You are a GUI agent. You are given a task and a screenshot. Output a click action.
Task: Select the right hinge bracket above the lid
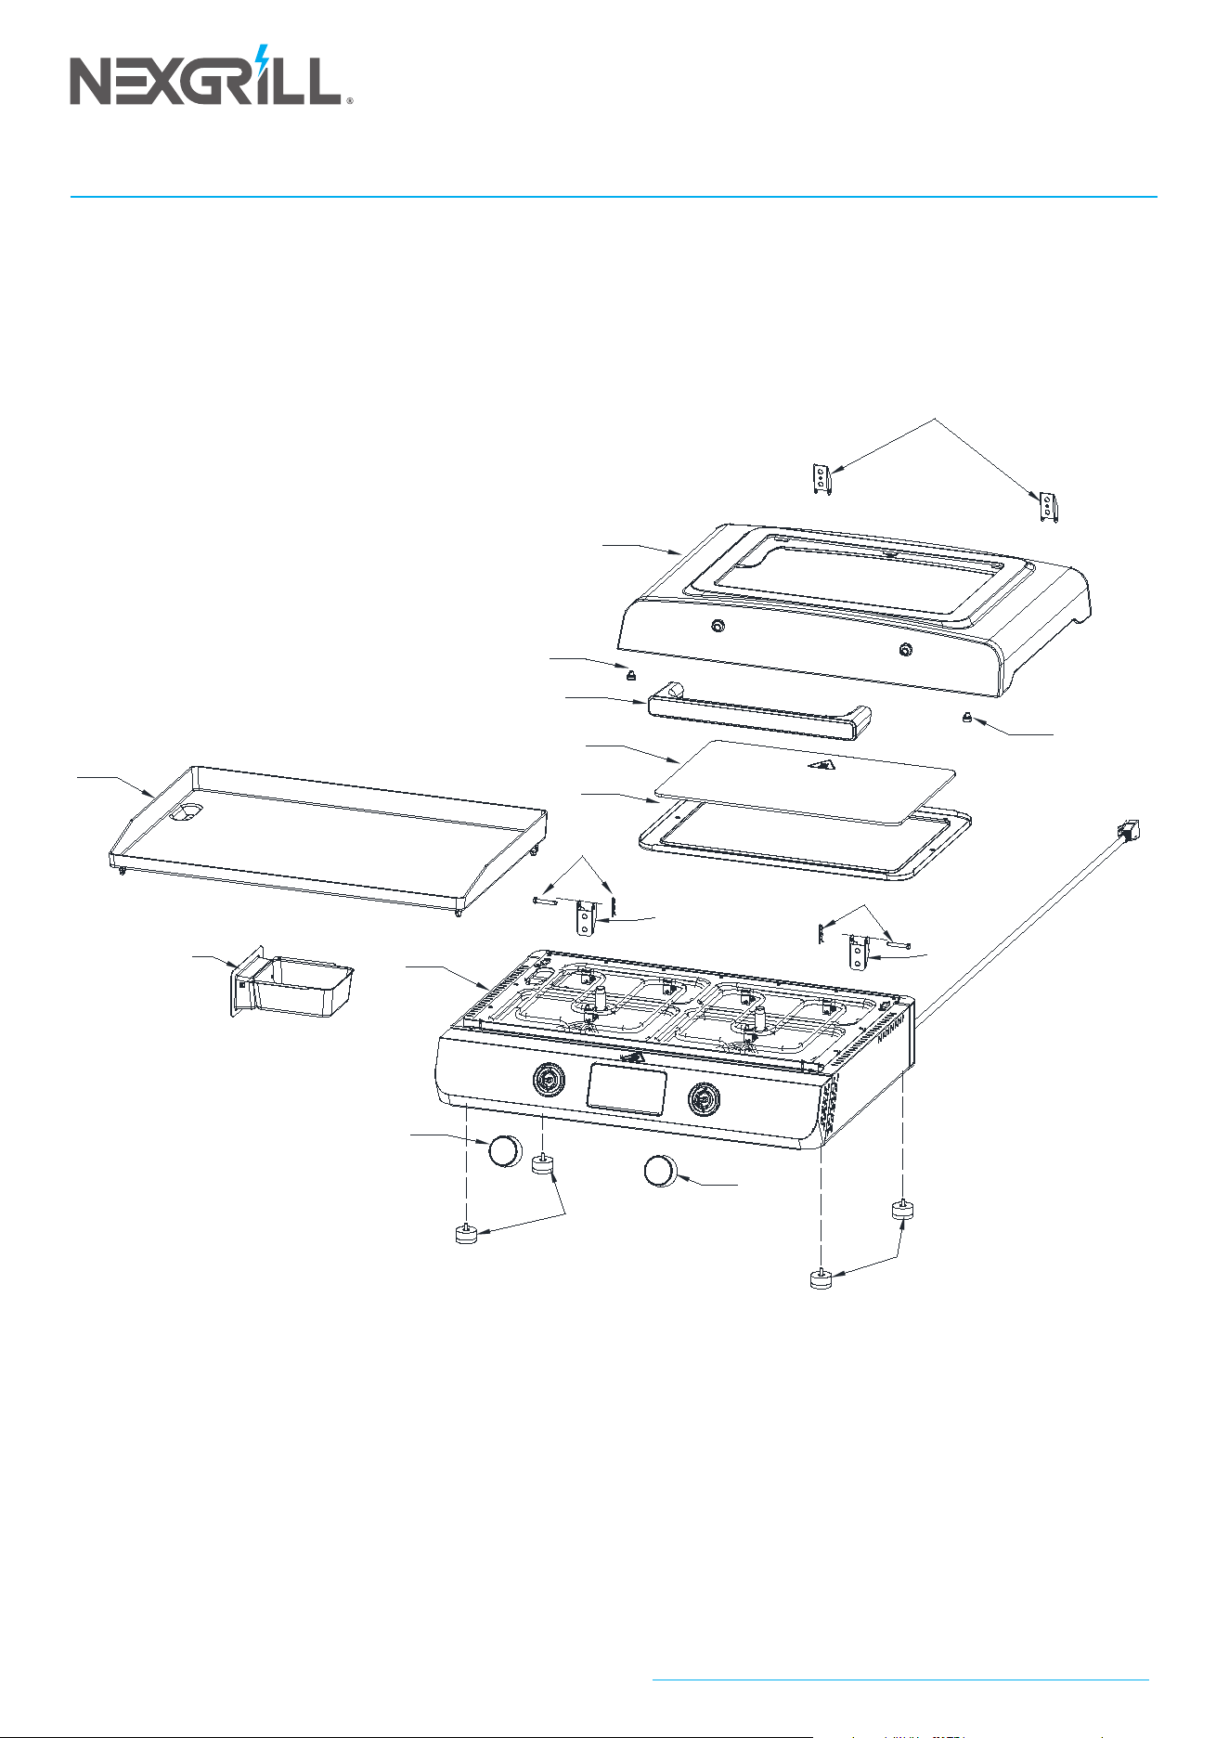point(1049,507)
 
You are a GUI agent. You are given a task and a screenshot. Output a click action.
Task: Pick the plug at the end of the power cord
point(1130,830)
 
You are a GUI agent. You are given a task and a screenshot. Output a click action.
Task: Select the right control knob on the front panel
point(704,1100)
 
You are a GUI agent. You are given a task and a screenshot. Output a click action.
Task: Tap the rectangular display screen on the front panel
point(627,1090)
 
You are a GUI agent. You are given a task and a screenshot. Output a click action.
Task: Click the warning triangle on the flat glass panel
point(821,765)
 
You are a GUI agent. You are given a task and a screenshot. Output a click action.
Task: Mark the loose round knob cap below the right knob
point(661,1170)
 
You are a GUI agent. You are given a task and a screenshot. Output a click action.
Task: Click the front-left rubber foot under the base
point(466,1233)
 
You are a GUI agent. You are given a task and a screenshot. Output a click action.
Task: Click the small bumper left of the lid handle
point(628,672)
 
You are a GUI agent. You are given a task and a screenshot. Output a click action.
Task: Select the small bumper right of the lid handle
point(967,718)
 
